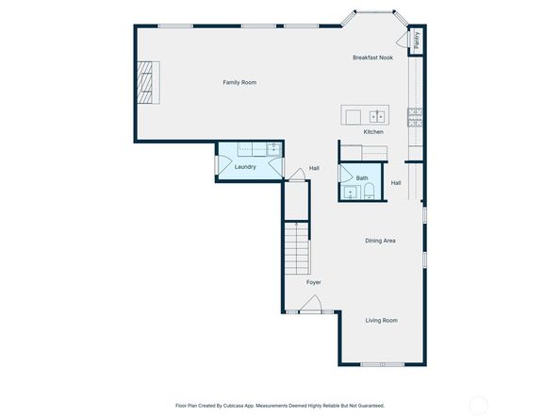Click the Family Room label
pos(239,83)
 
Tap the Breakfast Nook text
pos(372,58)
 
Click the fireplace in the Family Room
pos(146,80)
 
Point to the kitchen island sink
pos(377,116)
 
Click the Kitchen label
pos(373,132)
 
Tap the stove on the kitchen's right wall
pos(415,116)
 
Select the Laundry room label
pos(245,167)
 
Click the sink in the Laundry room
pos(272,148)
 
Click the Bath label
pos(362,177)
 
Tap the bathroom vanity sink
pos(350,192)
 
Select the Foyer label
pos(314,282)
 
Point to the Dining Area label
pos(380,241)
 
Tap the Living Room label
pos(381,321)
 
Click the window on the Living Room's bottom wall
pos(383,364)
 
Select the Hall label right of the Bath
pos(396,183)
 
